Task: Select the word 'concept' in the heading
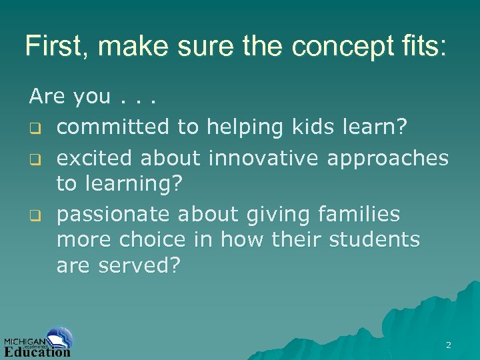click(x=326, y=46)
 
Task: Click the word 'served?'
click(x=139, y=265)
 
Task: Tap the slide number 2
click(x=448, y=345)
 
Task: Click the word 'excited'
click(x=95, y=158)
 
